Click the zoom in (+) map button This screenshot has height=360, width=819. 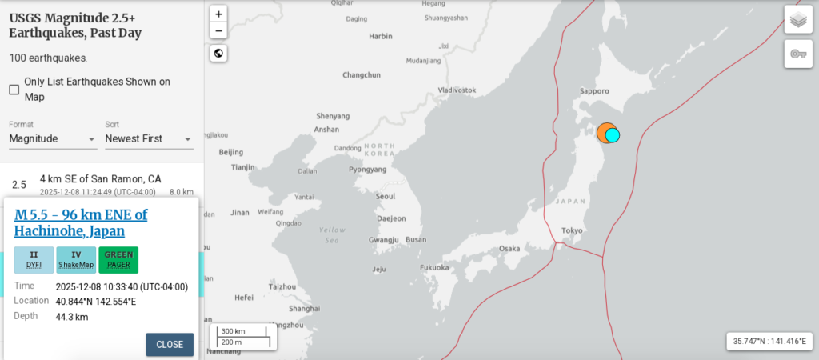coord(219,14)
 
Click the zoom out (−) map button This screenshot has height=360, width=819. coord(219,31)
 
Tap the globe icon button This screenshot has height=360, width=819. coord(219,54)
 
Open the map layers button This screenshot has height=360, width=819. coord(797,19)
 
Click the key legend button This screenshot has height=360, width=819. coord(797,54)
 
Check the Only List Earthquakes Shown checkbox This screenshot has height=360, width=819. coord(14,90)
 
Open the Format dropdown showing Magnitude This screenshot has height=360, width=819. coord(53,138)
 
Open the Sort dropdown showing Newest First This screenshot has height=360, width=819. coord(149,138)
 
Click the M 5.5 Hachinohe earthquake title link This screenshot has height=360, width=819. coord(81,222)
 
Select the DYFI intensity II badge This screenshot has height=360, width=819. coord(34,259)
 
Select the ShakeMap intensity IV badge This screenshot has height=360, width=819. coord(76,259)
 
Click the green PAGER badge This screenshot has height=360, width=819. coord(118,259)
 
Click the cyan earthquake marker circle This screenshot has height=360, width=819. coord(613,135)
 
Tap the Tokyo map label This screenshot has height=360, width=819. coord(572,230)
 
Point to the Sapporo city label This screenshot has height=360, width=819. coord(595,92)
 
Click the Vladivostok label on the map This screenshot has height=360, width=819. coord(457,90)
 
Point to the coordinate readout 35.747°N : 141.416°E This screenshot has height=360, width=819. coord(769,342)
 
